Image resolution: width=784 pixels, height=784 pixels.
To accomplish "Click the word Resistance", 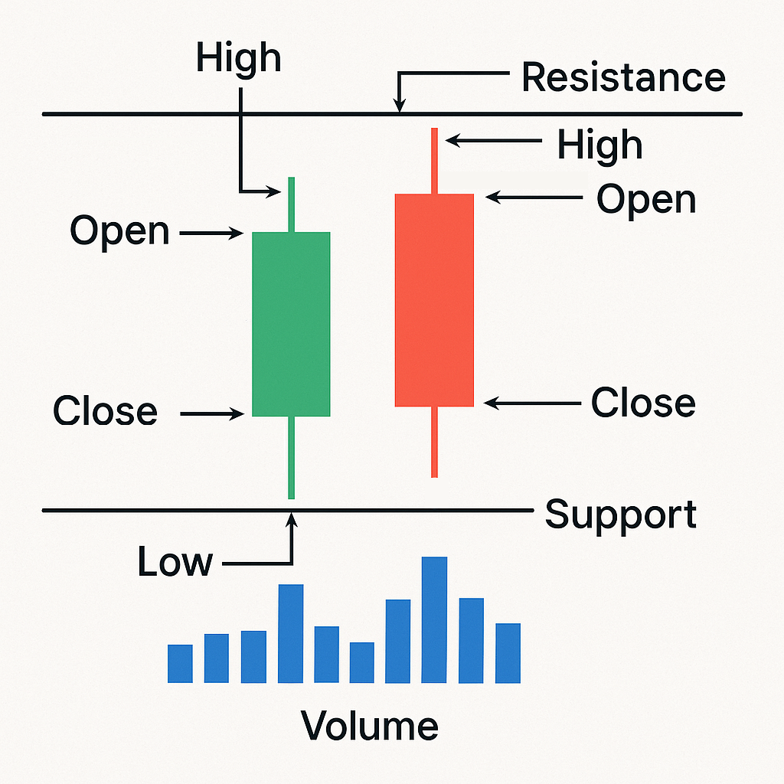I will (623, 77).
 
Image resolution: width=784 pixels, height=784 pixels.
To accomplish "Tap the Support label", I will (621, 514).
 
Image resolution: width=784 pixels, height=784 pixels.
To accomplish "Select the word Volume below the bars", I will (369, 725).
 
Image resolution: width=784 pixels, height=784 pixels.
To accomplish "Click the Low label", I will (175, 563).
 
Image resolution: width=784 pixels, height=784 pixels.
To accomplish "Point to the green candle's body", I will (291, 324).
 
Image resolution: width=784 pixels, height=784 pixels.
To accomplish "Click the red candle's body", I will (434, 299).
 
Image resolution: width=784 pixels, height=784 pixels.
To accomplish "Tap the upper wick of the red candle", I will (434, 160).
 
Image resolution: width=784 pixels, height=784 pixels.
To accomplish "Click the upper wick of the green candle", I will (291, 204).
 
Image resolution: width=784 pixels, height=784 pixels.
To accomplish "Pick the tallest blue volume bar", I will (434, 619).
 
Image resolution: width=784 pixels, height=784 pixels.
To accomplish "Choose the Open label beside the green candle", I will (119, 230).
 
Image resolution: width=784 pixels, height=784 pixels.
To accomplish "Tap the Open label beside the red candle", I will (646, 199).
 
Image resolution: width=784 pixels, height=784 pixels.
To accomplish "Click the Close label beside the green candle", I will (105, 411).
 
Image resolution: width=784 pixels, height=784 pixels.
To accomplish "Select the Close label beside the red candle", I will (643, 403).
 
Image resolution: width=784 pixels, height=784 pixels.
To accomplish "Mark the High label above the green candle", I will (238, 58).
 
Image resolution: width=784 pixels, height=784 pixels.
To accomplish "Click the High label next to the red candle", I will (599, 144).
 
